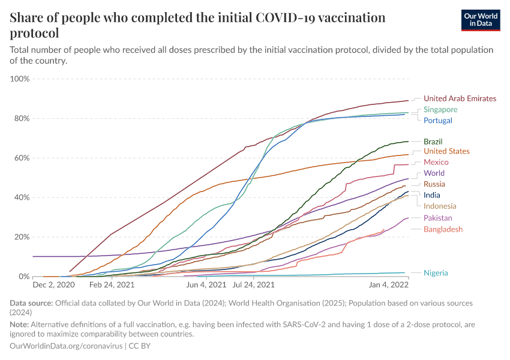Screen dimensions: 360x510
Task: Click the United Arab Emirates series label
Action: (460, 98)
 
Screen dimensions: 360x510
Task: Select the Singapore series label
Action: (440, 110)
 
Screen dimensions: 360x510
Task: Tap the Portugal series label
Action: (437, 121)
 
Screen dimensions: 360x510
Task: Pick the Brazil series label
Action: (433, 142)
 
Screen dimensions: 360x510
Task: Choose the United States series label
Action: (446, 151)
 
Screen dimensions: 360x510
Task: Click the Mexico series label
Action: (436, 162)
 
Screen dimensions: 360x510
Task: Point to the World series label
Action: (434, 173)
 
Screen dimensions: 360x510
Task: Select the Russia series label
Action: (434, 184)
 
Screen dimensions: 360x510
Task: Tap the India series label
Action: (431, 195)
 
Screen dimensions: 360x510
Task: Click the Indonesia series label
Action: (440, 206)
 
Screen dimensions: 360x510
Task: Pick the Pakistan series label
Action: (438, 218)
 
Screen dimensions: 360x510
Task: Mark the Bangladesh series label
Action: (443, 229)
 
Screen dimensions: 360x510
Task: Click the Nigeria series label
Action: (435, 273)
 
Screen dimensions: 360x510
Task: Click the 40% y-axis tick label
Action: (22, 197)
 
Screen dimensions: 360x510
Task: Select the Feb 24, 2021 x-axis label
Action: (112, 286)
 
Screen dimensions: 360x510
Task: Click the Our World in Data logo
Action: (481, 20)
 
